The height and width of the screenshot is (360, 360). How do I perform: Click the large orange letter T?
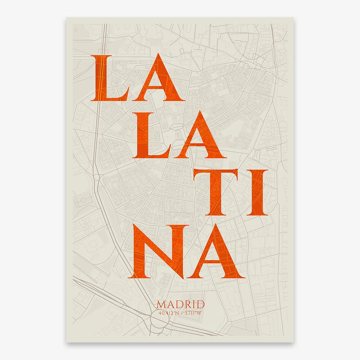[x=216, y=192]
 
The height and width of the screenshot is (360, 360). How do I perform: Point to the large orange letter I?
[x=257, y=192]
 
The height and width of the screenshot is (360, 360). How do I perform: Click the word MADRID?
[x=181, y=304]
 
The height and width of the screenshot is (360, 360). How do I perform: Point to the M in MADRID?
[x=161, y=304]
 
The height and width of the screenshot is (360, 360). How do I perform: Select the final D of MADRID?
[x=200, y=304]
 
